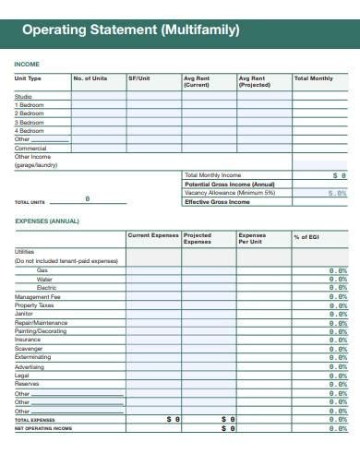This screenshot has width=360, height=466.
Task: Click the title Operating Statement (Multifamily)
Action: [x=130, y=30]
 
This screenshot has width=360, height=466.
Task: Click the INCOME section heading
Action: [x=27, y=64]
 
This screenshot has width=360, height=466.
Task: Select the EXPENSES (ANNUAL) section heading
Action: [x=47, y=221]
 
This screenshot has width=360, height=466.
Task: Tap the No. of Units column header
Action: [x=90, y=78]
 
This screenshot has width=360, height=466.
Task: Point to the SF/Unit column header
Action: [x=138, y=78]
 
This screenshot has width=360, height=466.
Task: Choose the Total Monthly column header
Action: [x=314, y=78]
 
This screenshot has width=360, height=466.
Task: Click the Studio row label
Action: [x=23, y=97]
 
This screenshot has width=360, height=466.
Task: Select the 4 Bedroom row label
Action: [x=30, y=130]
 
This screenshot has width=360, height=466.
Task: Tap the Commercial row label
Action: [x=30, y=148]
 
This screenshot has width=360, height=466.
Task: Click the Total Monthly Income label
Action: [x=212, y=175]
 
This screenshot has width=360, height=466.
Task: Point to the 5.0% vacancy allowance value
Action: [x=337, y=193]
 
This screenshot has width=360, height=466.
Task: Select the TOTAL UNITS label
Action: [x=30, y=201]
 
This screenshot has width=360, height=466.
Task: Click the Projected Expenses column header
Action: [x=198, y=239]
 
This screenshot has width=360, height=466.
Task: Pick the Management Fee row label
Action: [x=37, y=296]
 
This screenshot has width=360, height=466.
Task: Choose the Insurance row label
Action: [x=28, y=340]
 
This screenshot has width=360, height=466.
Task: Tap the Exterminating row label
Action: [x=34, y=357]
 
